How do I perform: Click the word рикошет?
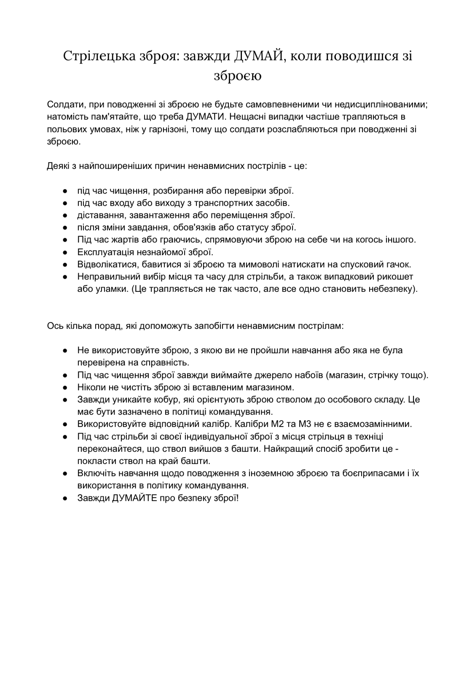point(395,277)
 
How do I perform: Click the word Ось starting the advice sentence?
point(55,326)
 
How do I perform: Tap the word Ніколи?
point(90,387)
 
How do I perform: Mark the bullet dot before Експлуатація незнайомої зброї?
point(66,252)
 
